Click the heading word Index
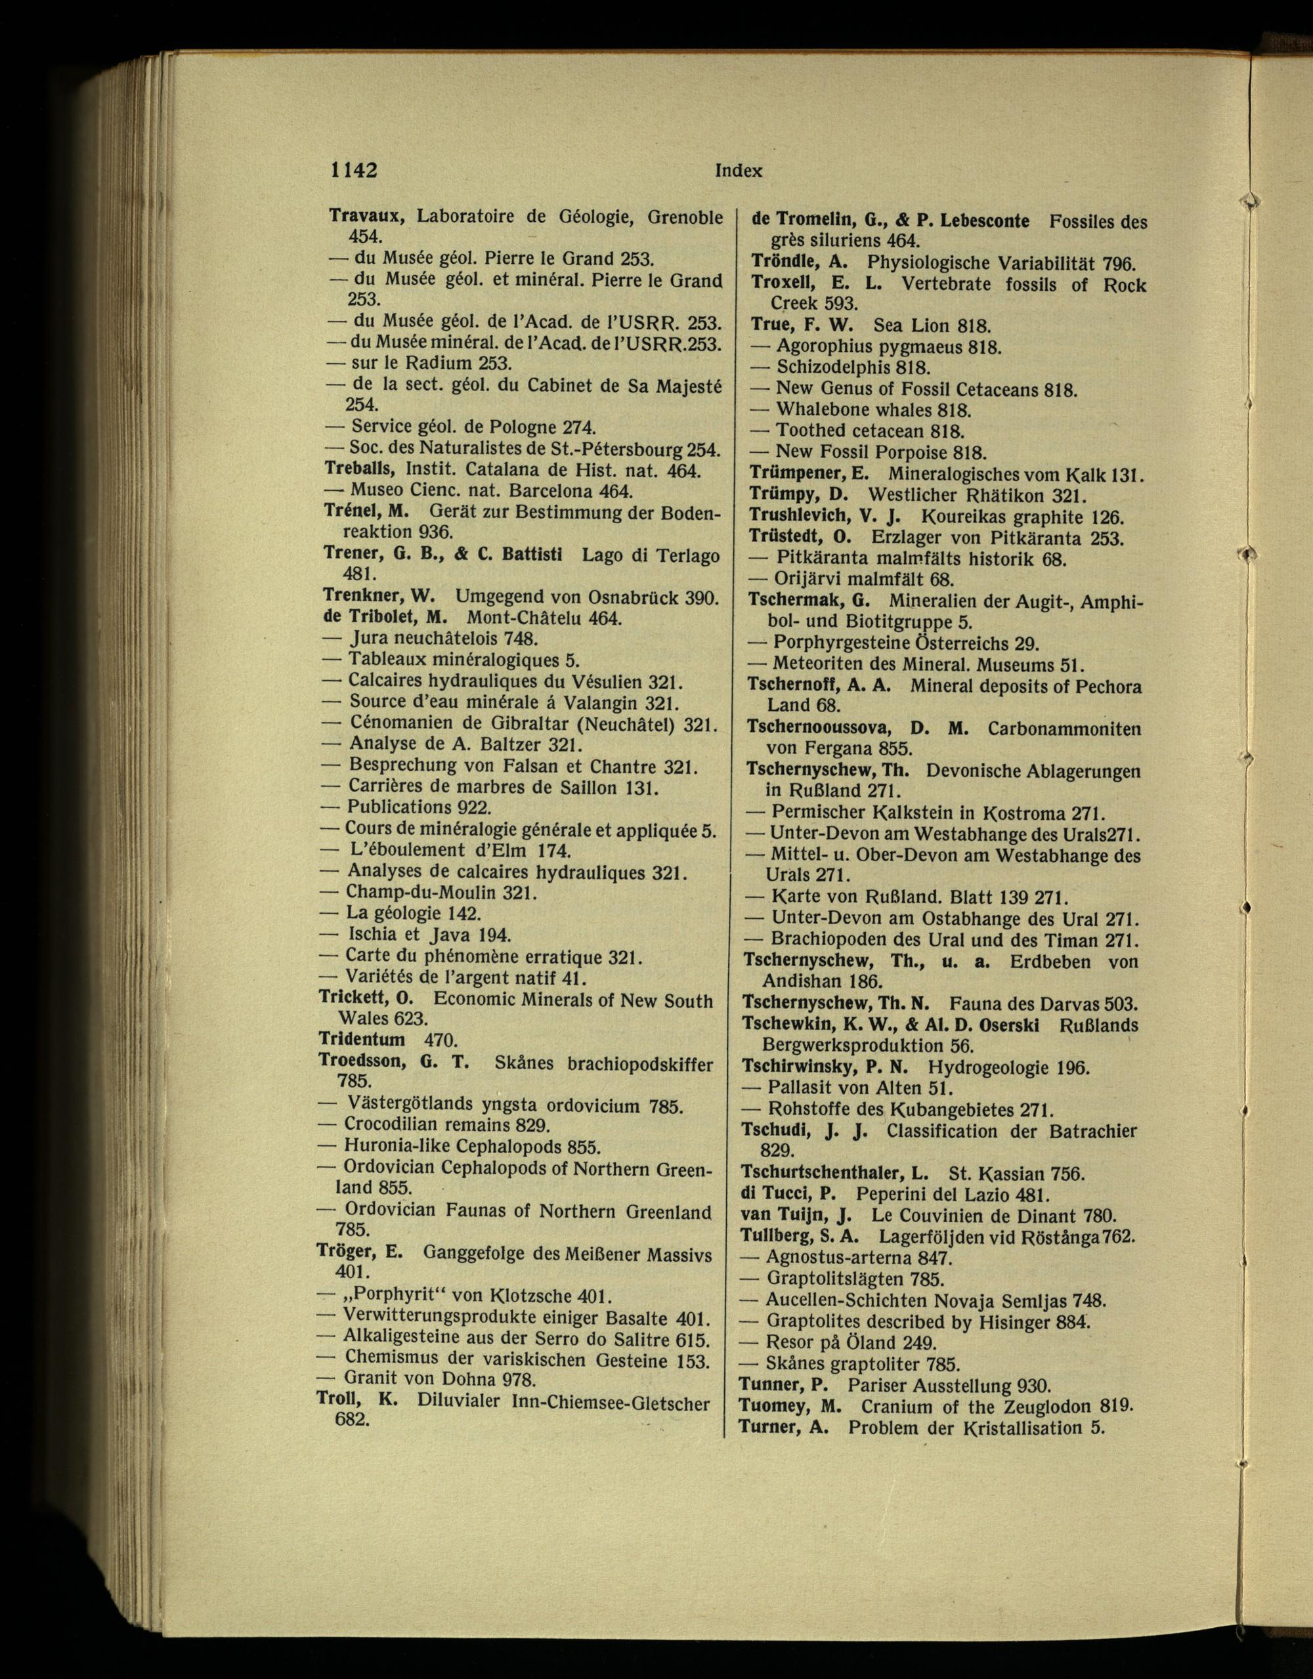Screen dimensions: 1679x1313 pyautogui.click(x=738, y=171)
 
